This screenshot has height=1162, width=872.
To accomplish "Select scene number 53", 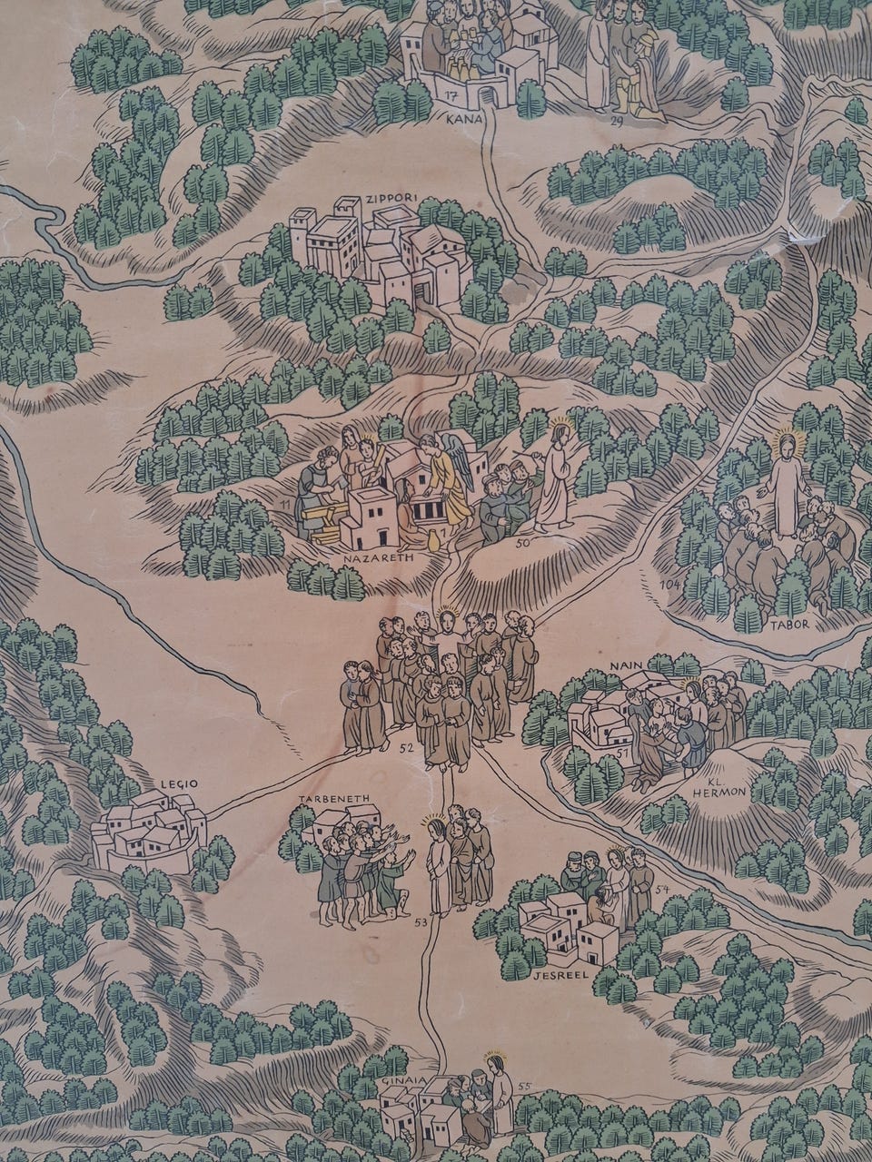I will tap(420, 922).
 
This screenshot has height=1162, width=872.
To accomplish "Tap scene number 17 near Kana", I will tap(451, 94).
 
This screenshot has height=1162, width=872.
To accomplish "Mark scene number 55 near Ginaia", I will tap(523, 1085).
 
